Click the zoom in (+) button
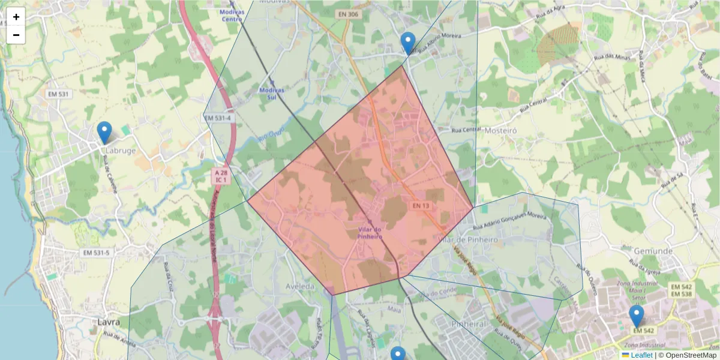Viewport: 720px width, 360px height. click(16, 17)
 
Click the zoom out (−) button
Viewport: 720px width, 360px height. click(16, 35)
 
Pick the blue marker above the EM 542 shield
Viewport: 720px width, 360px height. click(637, 316)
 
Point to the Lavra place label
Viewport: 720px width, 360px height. click(109, 322)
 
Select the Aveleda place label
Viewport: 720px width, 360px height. click(300, 287)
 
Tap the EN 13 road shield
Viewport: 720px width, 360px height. click(421, 206)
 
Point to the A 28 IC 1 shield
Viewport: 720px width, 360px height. click(221, 176)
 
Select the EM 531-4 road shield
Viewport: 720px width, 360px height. click(218, 118)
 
